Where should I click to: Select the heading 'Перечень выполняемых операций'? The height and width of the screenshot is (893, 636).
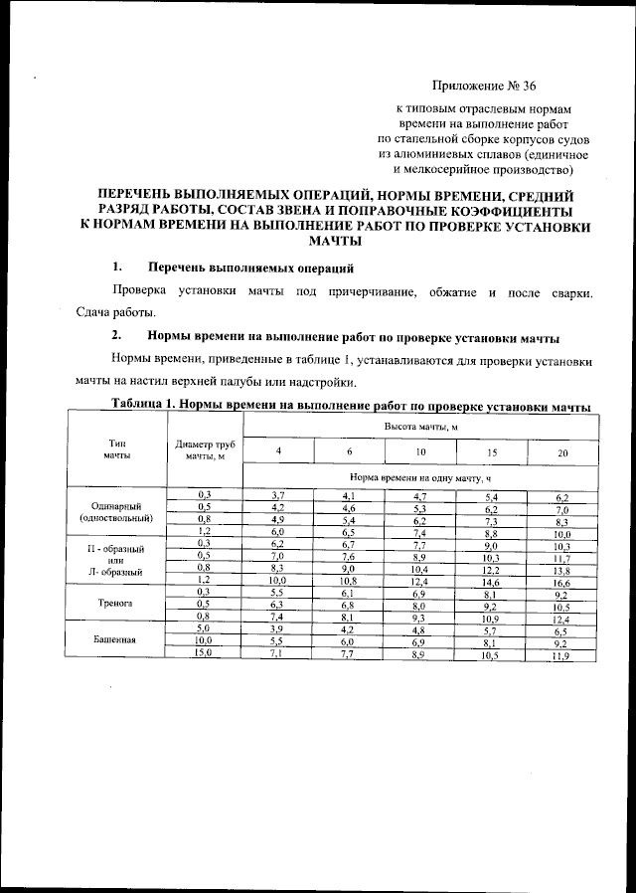point(250,268)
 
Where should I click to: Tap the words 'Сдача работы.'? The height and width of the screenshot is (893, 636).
point(116,312)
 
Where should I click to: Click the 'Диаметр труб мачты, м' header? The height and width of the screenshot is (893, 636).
point(204,449)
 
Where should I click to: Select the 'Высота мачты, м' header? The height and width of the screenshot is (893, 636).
point(420,426)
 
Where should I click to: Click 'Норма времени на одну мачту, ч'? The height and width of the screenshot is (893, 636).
point(420,477)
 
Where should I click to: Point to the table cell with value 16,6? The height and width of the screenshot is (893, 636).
point(562,580)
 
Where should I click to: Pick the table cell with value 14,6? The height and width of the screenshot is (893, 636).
point(491,580)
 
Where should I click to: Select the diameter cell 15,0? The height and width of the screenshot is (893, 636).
point(204,652)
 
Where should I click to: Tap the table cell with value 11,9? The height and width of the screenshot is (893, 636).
point(562,653)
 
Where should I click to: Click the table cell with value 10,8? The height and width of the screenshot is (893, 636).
point(349,580)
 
